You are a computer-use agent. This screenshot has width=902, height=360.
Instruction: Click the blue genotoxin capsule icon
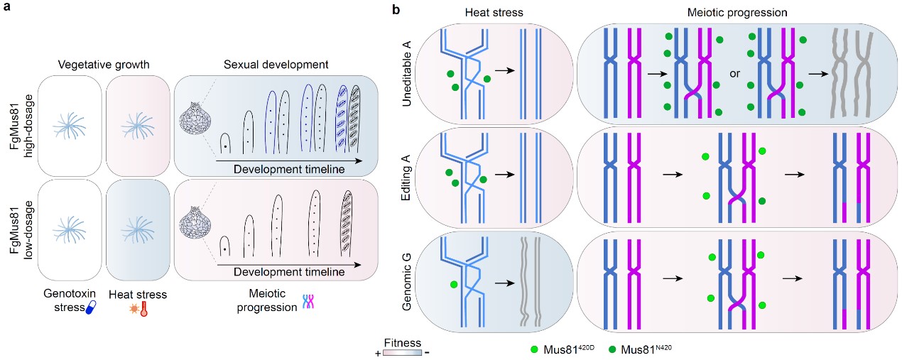pos(90,308)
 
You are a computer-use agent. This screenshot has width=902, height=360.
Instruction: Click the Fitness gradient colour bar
pos(401,352)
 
